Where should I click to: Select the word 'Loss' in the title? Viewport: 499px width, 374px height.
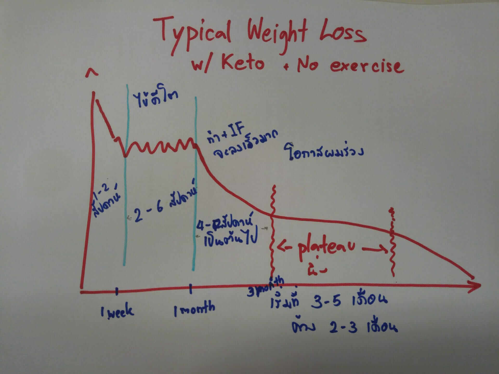coord(343,34)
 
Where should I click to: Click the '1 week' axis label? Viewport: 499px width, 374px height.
coord(117,310)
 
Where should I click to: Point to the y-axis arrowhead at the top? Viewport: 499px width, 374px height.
coord(92,73)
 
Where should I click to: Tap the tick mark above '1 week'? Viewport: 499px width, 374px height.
coord(117,291)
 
